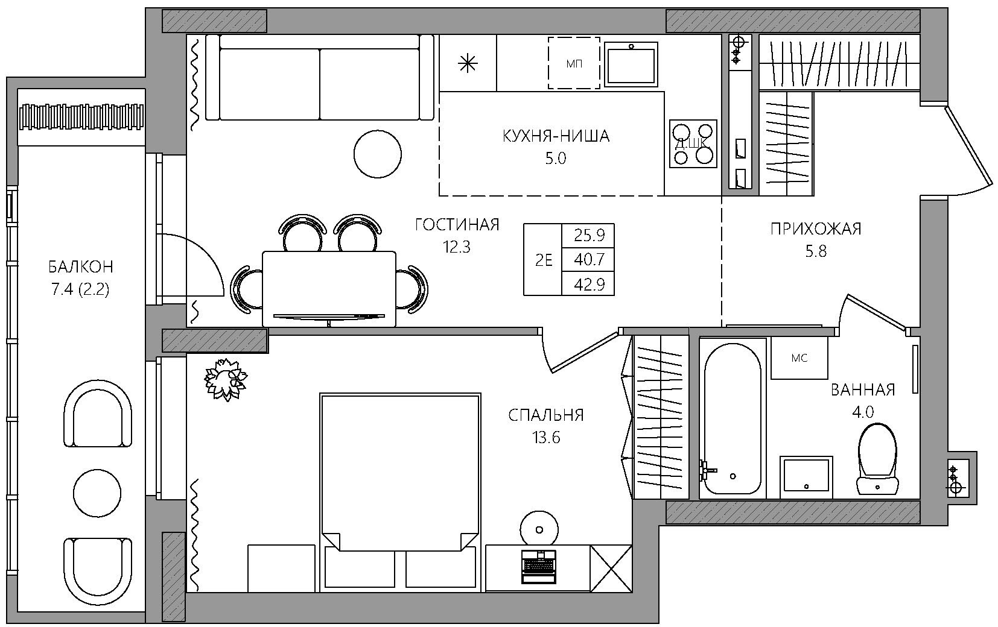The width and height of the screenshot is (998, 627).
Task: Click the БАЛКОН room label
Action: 81,266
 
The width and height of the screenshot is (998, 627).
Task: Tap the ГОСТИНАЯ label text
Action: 457,225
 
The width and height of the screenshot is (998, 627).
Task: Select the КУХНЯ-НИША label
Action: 556,136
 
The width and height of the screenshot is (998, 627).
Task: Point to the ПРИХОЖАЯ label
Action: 816,229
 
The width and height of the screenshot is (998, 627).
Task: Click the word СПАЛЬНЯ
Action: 546,415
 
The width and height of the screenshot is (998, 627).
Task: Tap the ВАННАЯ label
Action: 863,390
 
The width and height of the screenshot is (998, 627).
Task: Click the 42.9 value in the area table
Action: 589,285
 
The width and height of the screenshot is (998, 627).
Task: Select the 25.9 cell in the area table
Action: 589,235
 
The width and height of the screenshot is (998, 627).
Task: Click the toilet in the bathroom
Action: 877,459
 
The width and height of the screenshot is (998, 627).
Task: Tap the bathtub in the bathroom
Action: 733,418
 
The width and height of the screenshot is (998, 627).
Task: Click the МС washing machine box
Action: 799,358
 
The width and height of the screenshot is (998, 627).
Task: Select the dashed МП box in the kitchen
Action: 574,63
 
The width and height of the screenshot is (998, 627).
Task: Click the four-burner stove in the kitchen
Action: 693,144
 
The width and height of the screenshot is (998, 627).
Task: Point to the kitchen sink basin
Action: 631,64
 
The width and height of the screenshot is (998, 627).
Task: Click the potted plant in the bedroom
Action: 226,380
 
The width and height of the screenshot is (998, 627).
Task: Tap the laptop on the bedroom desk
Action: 539,567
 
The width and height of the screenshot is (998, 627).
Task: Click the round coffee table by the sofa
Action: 377,154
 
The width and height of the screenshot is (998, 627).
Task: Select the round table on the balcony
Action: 97,493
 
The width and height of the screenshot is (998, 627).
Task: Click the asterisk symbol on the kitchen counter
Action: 468,64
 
